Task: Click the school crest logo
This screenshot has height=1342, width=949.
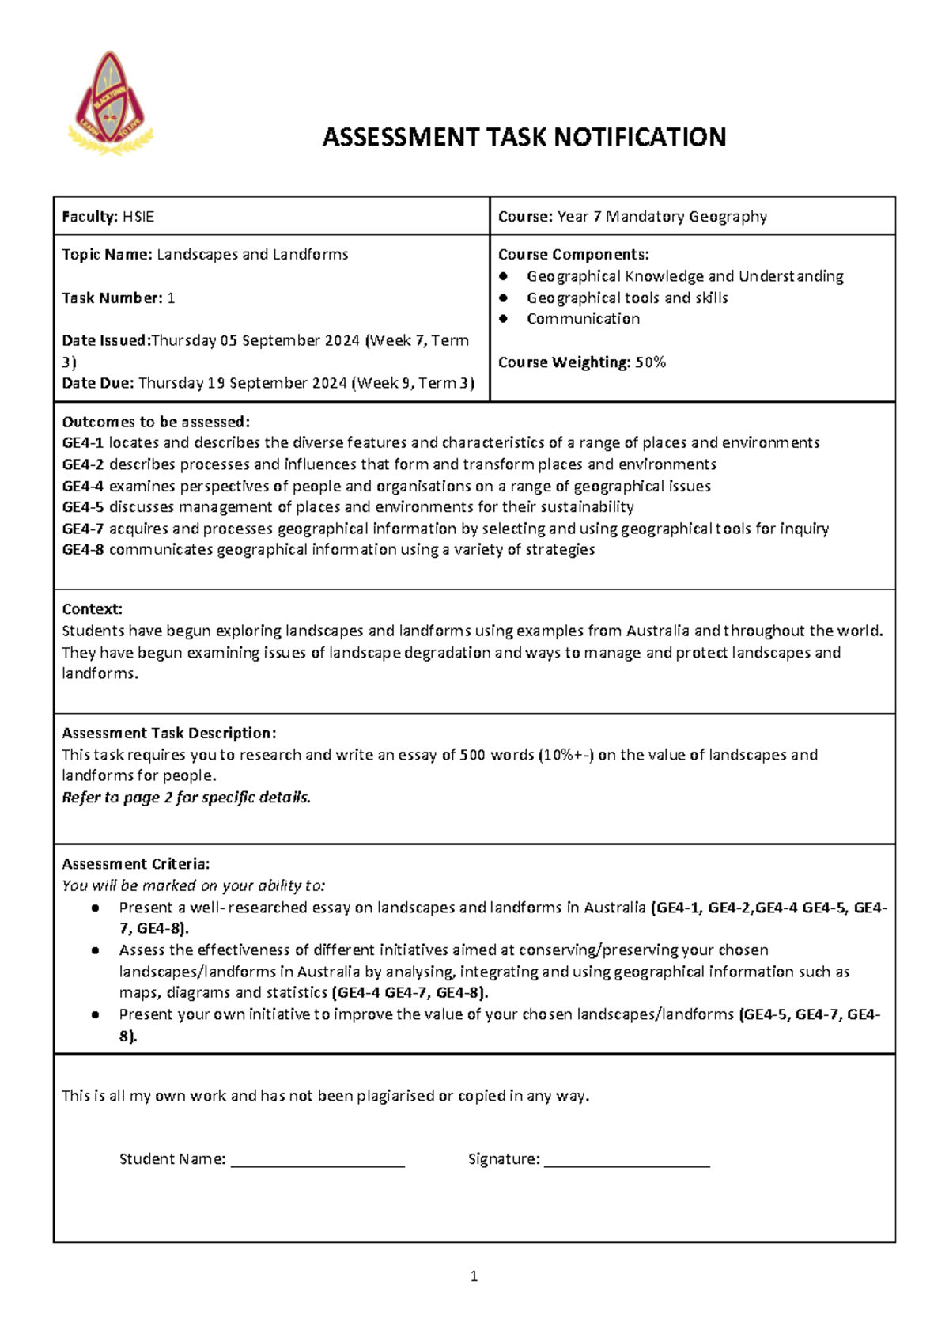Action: (x=110, y=103)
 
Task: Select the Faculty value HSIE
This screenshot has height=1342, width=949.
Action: (x=138, y=217)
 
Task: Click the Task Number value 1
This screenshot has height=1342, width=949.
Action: (x=172, y=298)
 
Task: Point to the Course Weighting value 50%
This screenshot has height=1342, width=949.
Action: (x=651, y=362)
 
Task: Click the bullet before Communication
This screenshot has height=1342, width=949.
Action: (x=503, y=319)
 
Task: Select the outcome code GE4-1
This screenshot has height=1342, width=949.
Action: (x=82, y=443)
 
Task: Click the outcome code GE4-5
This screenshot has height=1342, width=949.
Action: (x=82, y=507)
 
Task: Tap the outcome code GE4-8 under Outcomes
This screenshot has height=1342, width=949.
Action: (x=82, y=550)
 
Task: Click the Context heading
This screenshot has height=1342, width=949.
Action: (x=92, y=609)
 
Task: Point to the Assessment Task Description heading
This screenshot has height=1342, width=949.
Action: (x=168, y=734)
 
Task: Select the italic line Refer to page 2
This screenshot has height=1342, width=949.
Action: (x=186, y=798)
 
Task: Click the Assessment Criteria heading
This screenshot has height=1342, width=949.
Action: (x=135, y=864)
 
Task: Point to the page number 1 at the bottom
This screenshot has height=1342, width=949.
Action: (x=474, y=1276)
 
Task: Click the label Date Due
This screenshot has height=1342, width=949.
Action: (x=97, y=384)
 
